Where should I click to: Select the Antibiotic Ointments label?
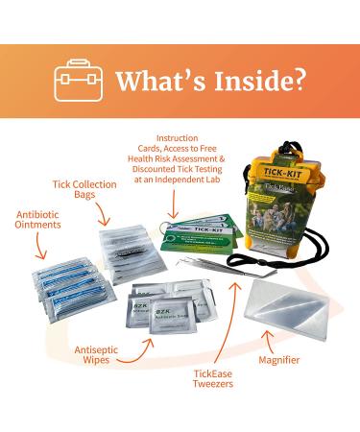pyautogui.click(x=36, y=219)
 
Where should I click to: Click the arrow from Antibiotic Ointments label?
pyautogui.click(x=40, y=247)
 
